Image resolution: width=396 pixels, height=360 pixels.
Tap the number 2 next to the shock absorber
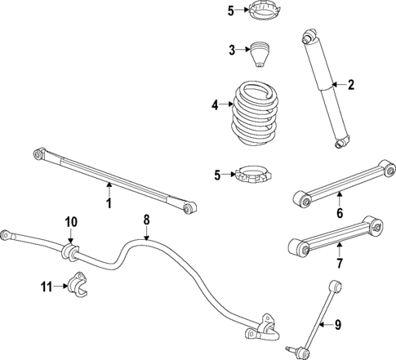pos(351,84)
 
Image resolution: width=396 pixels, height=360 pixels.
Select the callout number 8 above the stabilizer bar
pos(147,220)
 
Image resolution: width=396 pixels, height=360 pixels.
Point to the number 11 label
pos(47,286)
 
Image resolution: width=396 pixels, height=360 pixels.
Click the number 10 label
pos(71,222)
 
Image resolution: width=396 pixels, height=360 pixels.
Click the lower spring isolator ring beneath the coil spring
pos(254,176)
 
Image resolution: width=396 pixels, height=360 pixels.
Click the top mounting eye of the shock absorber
pos(308,37)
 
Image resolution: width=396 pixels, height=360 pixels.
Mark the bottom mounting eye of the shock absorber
pos(342,144)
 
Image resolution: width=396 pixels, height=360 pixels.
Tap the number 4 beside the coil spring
pos(216,104)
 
